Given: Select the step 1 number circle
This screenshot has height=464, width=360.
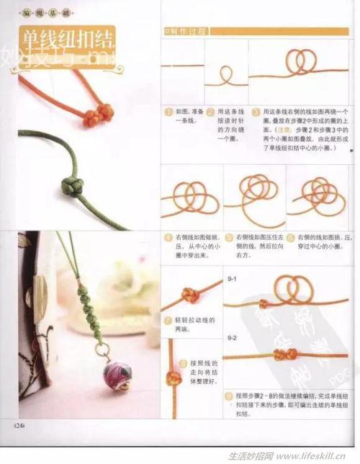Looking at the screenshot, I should (x=168, y=112).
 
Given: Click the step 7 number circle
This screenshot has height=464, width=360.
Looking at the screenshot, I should (x=168, y=319).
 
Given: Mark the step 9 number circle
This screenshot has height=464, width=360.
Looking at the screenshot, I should (x=228, y=396).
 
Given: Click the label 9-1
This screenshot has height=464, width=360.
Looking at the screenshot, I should (x=232, y=277).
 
